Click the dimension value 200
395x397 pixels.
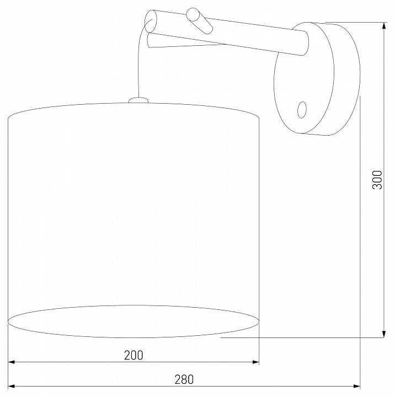click(x=134, y=355)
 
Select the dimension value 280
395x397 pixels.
click(x=185, y=379)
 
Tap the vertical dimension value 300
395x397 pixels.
click(x=377, y=180)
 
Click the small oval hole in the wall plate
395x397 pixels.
click(x=302, y=109)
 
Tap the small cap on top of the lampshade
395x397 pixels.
click(x=138, y=100)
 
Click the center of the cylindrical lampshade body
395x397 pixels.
click(x=134, y=215)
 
